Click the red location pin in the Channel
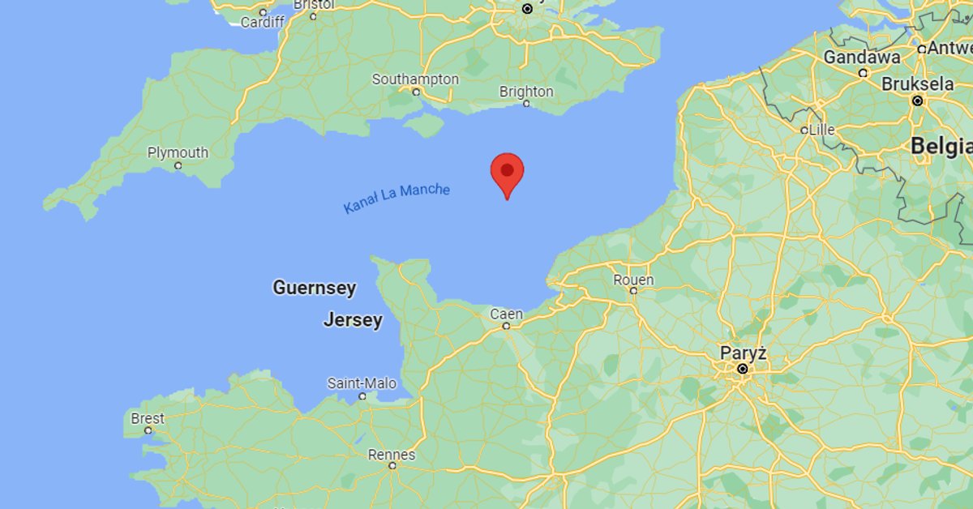pos(507,171)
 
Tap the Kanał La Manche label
pos(396,199)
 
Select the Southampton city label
pos(415,79)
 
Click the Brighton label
pos(526,92)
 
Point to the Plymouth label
pos(178,152)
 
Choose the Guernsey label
pos(314,288)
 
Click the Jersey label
pos(353,320)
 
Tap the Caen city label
pos(506,314)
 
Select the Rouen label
pos(633,280)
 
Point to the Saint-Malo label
pos(362,383)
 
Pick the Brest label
pos(148,418)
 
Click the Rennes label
pos(392,455)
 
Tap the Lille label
pos(822,129)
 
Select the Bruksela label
pos(917,84)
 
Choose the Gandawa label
pos(862,58)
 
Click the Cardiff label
pos(262,22)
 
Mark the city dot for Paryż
pos(742,370)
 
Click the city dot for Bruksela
pos(917,101)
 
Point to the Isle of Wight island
pos(424,125)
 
